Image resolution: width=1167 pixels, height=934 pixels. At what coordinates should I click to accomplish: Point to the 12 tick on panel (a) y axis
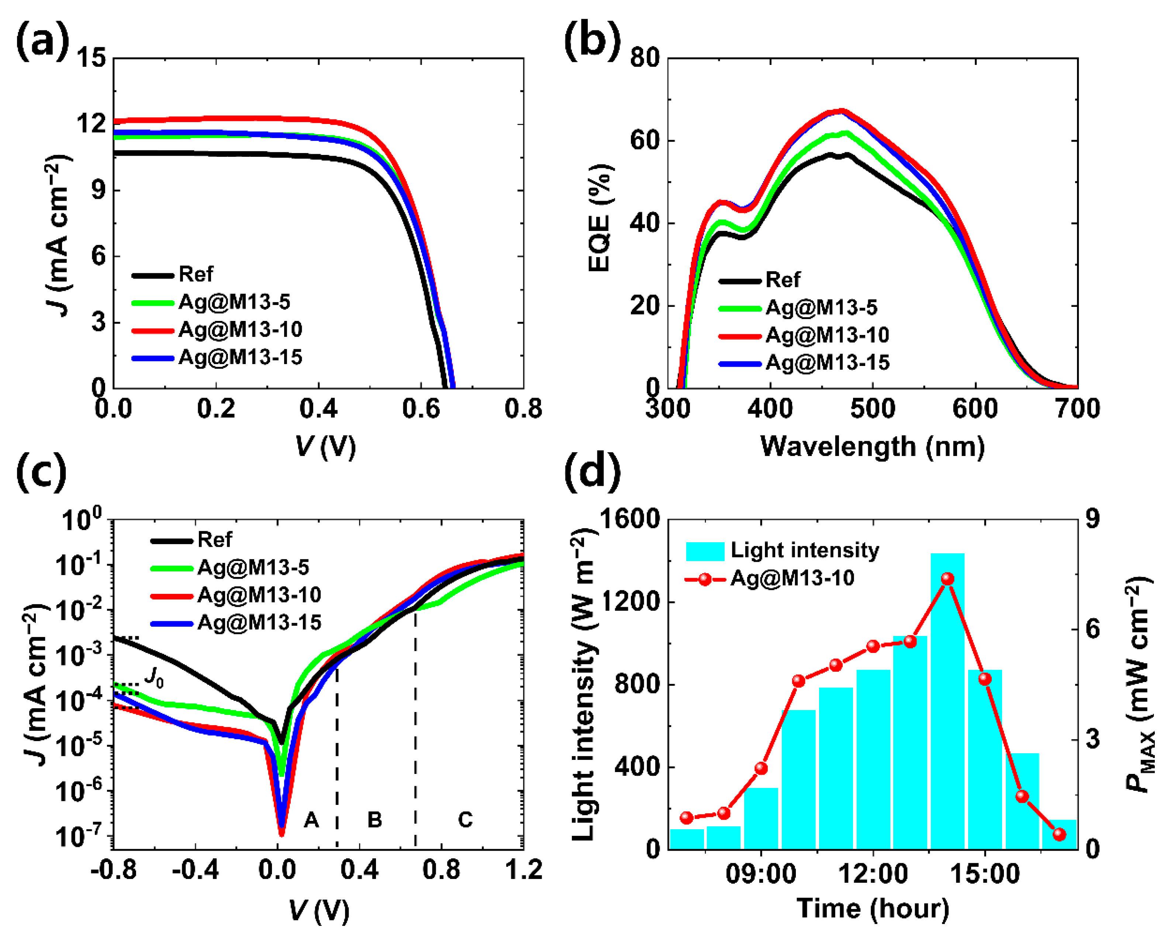91,124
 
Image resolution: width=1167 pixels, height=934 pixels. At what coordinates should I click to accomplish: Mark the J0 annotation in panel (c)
154,677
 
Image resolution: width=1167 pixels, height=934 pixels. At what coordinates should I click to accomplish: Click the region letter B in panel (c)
374,820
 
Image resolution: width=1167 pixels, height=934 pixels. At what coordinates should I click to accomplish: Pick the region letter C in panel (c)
465,820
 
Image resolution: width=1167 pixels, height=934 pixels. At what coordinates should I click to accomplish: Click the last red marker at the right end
1059,834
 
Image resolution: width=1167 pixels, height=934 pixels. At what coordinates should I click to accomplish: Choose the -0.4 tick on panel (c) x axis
195,871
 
